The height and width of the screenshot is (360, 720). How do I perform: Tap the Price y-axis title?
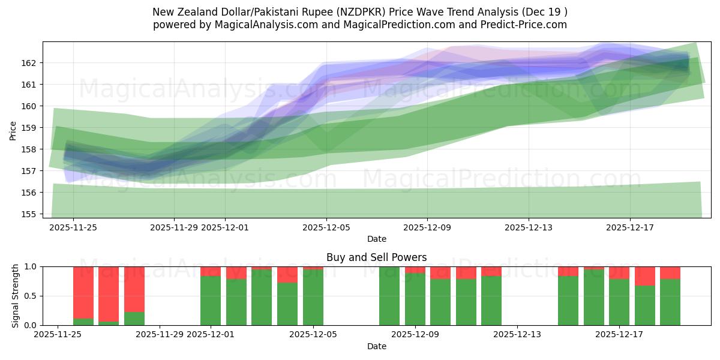click(13, 130)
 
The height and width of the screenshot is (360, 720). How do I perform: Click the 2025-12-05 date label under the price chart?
click(326, 227)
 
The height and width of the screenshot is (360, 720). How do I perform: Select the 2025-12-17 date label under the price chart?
click(629, 227)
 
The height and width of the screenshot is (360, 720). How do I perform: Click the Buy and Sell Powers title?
click(376, 257)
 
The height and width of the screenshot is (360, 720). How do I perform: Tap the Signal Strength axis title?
click(16, 296)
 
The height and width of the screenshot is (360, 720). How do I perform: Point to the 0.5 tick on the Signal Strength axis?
click(29, 296)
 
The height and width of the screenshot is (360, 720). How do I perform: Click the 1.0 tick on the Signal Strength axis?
click(29, 266)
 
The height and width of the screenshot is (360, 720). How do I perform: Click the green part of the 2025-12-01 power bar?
click(211, 301)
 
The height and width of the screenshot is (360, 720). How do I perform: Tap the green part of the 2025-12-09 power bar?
click(415, 299)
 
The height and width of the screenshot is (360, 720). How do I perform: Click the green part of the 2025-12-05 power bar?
click(313, 297)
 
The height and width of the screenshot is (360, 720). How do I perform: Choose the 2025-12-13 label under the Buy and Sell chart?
click(517, 335)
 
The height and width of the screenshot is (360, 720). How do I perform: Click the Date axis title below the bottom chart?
click(376, 346)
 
